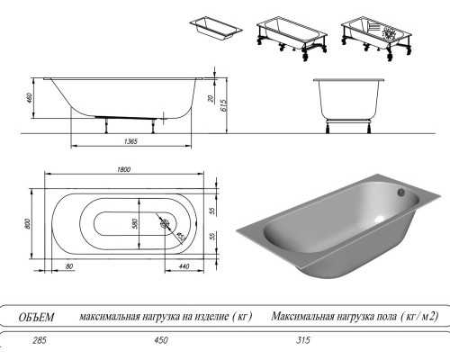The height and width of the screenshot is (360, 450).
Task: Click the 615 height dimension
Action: (x=222, y=105)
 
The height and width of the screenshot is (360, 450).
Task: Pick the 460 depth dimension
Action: (x=29, y=96)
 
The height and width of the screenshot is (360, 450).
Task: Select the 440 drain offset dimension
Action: (x=184, y=267)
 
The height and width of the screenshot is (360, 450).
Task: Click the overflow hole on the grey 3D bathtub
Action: (x=401, y=190)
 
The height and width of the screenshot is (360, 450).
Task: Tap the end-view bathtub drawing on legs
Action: (x=349, y=101)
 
